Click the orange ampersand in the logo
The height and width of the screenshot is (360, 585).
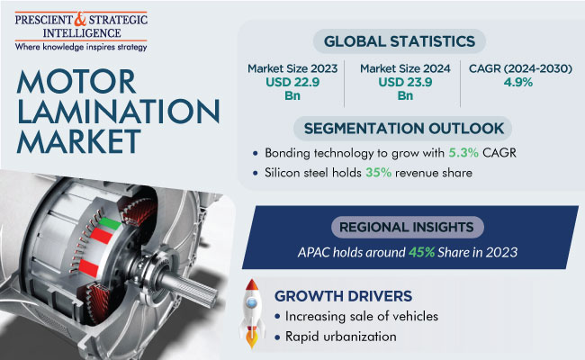click(80, 20)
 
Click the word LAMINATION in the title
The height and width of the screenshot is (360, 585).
click(118, 112)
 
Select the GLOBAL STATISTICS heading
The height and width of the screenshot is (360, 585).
click(400, 41)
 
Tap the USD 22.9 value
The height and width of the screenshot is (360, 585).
click(292, 82)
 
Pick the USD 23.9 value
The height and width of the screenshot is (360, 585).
click(405, 82)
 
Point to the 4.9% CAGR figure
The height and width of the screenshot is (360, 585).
click(518, 82)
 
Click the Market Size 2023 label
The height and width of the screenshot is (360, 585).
click(292, 68)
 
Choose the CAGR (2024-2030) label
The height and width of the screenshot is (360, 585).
click(520, 68)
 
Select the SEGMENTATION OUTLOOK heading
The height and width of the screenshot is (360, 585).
click(404, 129)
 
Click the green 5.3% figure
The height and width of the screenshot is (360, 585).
click(463, 153)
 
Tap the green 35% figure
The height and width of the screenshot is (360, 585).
click(378, 173)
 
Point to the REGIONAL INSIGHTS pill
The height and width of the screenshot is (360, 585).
click(408, 227)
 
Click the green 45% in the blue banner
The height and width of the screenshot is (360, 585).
click(421, 252)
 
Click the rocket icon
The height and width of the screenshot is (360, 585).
click(252, 313)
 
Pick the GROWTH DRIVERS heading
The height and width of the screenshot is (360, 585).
click(343, 296)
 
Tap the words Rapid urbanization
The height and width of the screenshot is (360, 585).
click(340, 337)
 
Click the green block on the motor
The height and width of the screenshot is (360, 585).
click(110, 222)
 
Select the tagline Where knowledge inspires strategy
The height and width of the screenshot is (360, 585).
click(81, 47)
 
